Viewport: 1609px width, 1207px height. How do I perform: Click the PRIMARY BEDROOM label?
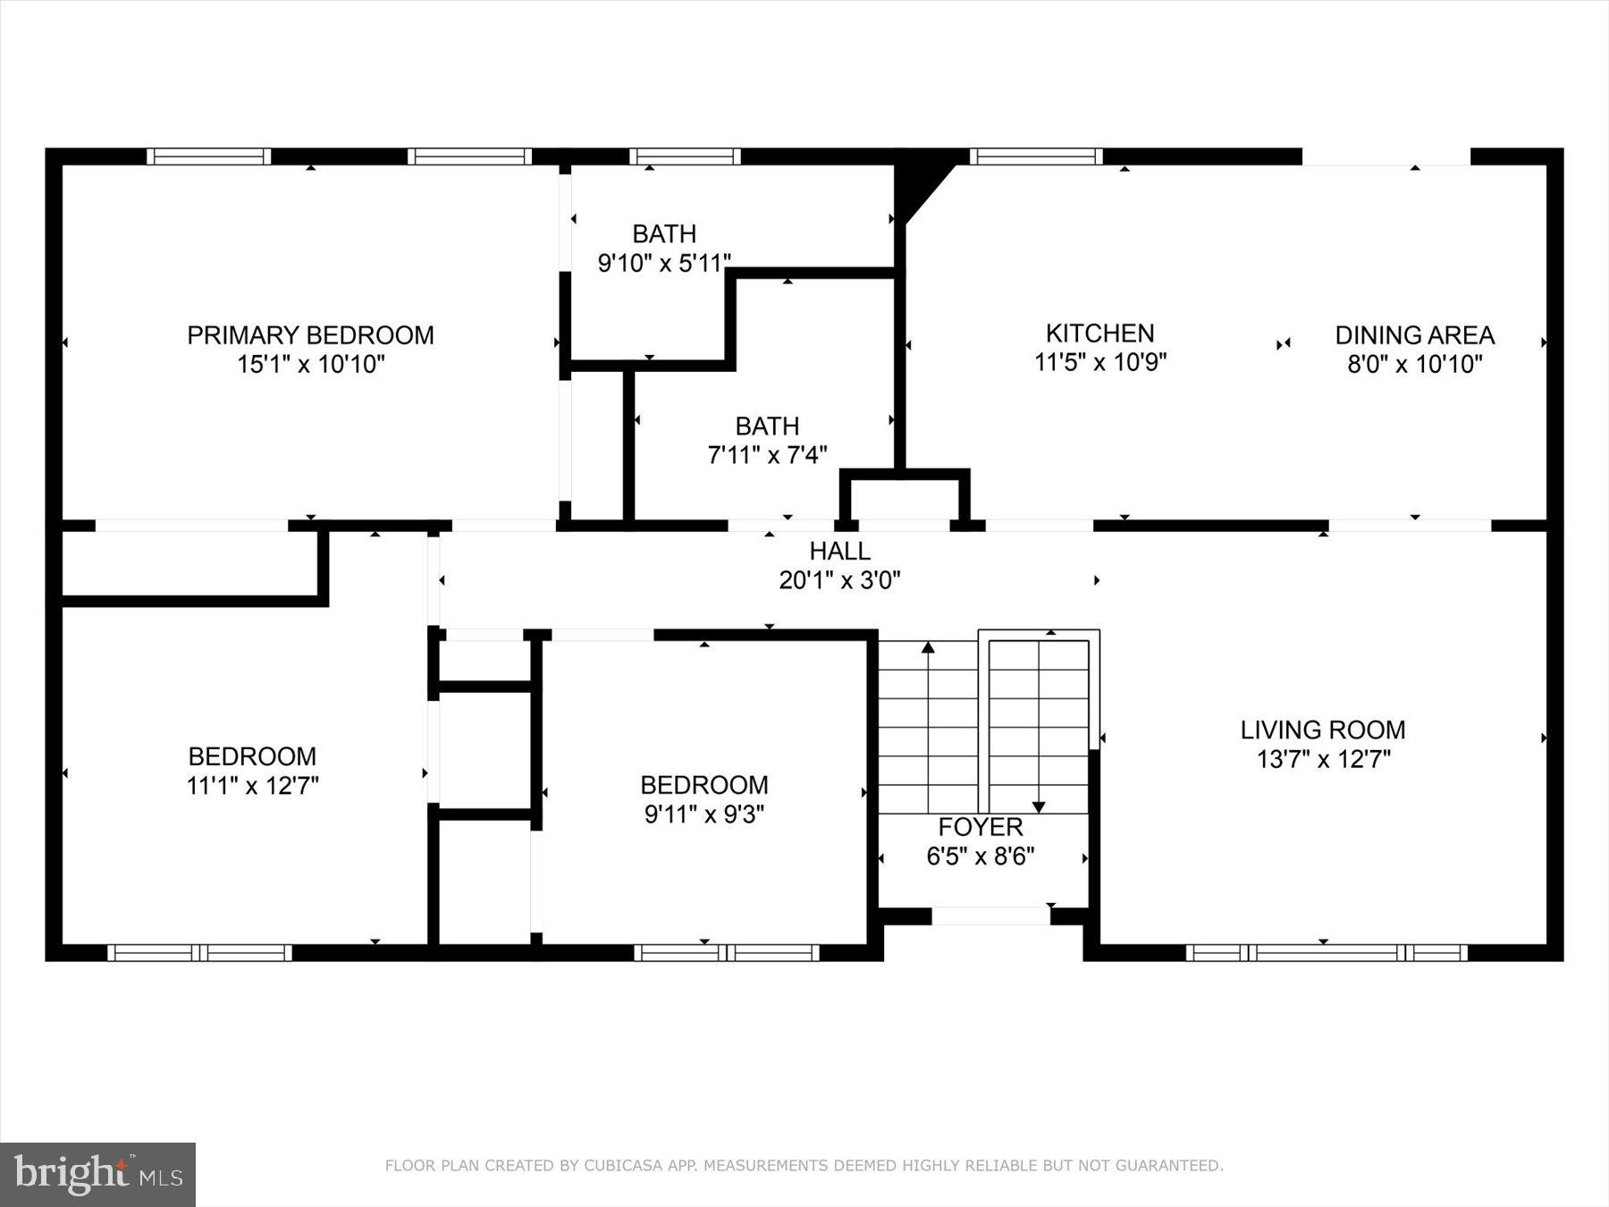point(310,335)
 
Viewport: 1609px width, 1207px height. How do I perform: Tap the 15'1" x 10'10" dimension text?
point(310,365)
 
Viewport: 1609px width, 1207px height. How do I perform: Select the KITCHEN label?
point(1099,333)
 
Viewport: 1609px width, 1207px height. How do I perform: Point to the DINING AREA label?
point(1414,335)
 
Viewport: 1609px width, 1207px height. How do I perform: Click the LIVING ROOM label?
point(1322,730)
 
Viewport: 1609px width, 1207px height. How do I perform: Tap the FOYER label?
point(980,827)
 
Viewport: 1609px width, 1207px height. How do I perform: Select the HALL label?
point(839,551)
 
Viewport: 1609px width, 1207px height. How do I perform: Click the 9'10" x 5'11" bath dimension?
point(664,263)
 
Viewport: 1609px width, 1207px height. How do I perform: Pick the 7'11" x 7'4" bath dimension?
point(767,455)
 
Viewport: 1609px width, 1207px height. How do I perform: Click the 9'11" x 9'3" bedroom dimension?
point(703,815)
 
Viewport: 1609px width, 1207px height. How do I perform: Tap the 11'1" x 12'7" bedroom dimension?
point(253,786)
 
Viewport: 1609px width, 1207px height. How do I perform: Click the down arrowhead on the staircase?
point(1039,807)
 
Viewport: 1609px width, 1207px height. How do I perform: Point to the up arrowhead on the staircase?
point(928,646)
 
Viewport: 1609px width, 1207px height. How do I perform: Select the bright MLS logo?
point(97,1174)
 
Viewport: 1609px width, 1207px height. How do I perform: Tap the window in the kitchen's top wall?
point(1036,157)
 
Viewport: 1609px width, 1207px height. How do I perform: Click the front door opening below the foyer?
point(990,916)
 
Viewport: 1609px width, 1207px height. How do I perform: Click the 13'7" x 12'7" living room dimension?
point(1323,760)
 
